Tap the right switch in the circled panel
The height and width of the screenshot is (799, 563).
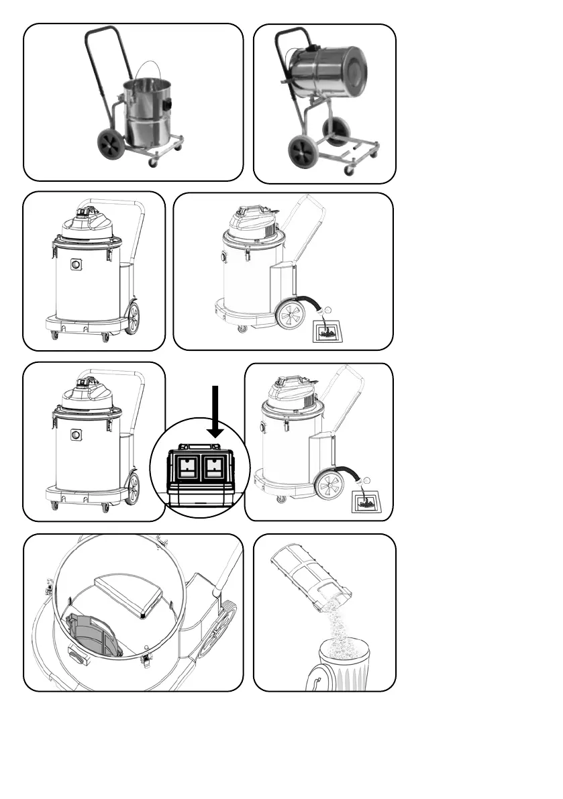coord(215,466)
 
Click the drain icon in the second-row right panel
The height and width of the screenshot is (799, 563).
coord(327,331)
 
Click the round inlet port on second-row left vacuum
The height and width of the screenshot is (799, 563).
coord(76,265)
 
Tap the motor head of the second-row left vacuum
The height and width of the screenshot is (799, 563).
coord(87,221)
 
